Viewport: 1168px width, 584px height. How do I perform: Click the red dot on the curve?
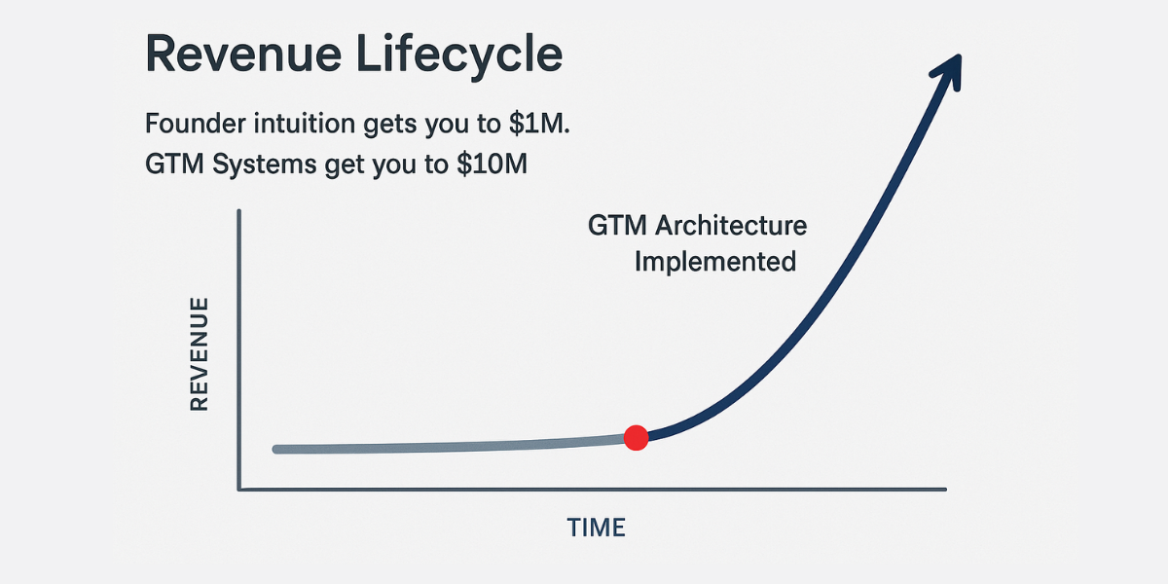pyautogui.click(x=637, y=437)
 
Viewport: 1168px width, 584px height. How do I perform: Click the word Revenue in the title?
pyautogui.click(x=243, y=55)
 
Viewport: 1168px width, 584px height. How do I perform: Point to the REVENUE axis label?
pyautogui.click(x=200, y=354)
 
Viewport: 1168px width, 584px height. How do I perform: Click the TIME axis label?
pyautogui.click(x=596, y=528)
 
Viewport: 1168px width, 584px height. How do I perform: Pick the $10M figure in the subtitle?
pyautogui.click(x=492, y=164)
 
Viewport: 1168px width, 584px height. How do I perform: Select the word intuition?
pyautogui.click(x=305, y=124)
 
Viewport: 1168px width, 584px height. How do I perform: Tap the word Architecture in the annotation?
pyautogui.click(x=731, y=226)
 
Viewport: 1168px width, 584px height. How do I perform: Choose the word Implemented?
pyautogui.click(x=715, y=262)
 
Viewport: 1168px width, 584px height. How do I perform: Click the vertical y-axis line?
pyautogui.click(x=238, y=349)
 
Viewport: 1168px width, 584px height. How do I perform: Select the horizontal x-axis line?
pyautogui.click(x=593, y=489)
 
